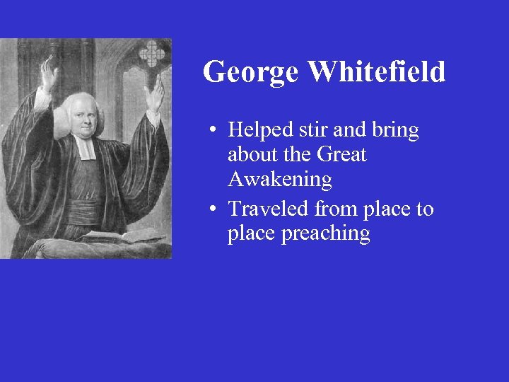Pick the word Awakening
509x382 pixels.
[279, 180]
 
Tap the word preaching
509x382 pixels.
[326, 234]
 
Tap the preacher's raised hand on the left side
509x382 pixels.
[48, 74]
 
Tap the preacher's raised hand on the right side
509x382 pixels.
[154, 95]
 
